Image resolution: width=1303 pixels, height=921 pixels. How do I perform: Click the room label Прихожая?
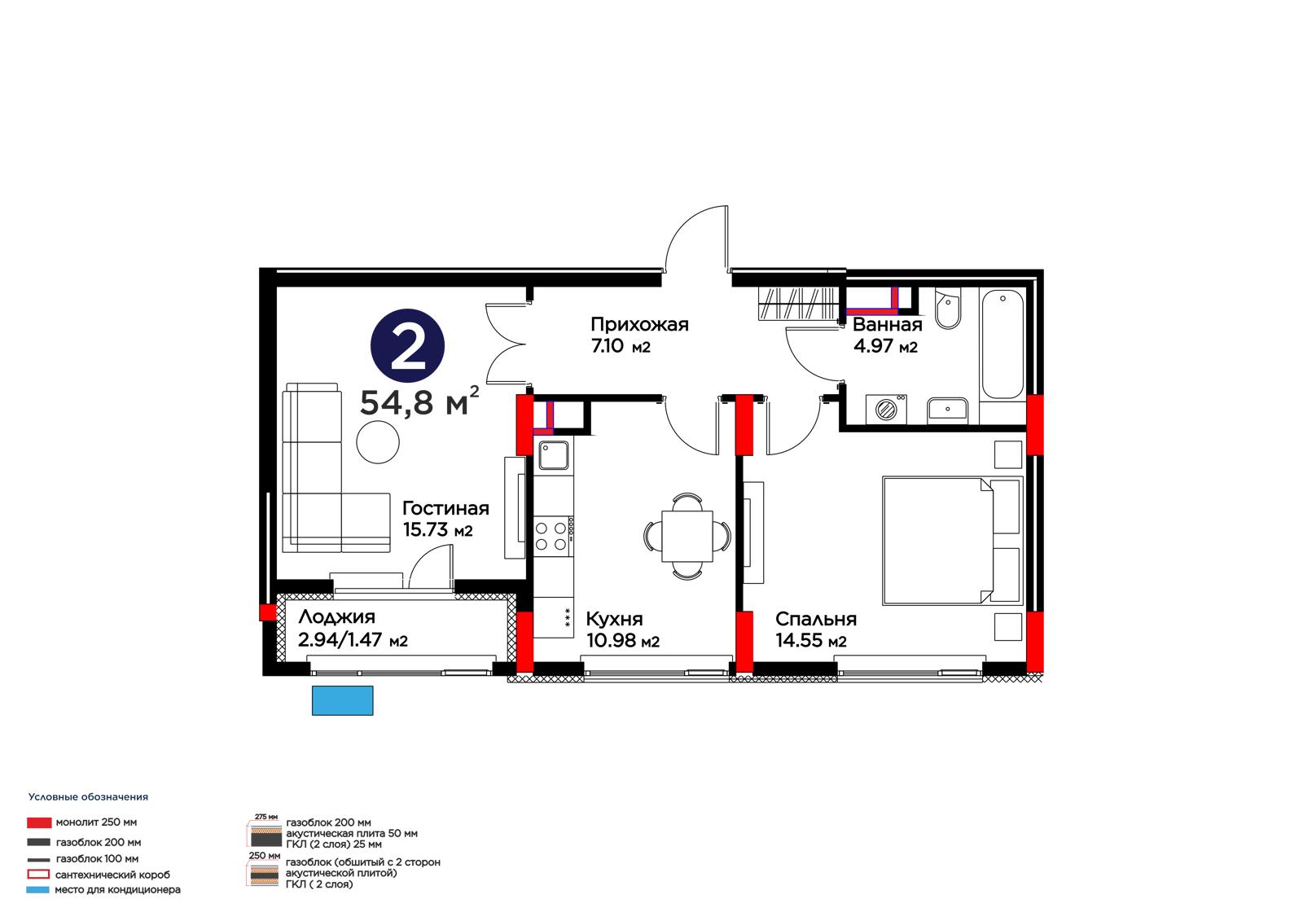pos(639,325)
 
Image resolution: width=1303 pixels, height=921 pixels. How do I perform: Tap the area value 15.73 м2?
pos(437,530)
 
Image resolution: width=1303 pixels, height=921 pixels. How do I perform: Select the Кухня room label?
pos(614,619)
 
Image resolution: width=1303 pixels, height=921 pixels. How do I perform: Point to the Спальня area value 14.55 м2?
pos(811,641)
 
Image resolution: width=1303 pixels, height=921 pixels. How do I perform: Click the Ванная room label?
pos(887,325)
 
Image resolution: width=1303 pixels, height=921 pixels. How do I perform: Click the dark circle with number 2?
pos(407,345)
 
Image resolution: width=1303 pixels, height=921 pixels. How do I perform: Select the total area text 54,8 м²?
pos(419,401)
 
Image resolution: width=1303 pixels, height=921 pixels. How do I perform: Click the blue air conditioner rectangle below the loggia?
pos(343,700)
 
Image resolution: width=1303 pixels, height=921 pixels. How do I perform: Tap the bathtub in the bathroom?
pos(1002,344)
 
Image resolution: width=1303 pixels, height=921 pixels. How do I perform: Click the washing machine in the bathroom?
pos(886,409)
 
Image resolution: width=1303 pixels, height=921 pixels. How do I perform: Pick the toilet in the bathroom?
pos(948,308)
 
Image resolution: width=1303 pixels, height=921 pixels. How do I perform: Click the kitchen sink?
pos(553,455)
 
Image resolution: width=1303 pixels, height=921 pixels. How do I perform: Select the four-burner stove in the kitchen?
pos(553,536)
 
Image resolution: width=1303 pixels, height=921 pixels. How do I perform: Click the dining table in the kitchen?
pos(687,536)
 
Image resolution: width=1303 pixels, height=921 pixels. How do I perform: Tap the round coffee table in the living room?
pos(378,442)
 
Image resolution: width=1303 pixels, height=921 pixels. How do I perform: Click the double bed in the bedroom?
pos(952,541)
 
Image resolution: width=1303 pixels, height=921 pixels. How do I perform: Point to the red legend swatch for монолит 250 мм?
pos(39,822)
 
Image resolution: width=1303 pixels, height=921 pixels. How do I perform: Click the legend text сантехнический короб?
pos(112,875)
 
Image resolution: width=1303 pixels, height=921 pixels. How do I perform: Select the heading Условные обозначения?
pos(89,797)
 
